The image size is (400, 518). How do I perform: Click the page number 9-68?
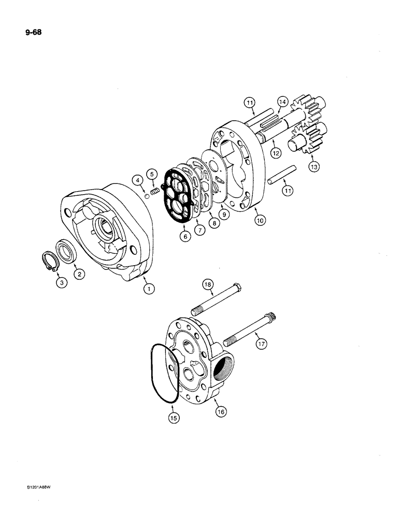point(31,32)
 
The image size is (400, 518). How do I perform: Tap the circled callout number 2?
point(79,276)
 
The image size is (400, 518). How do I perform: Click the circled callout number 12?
point(275,154)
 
